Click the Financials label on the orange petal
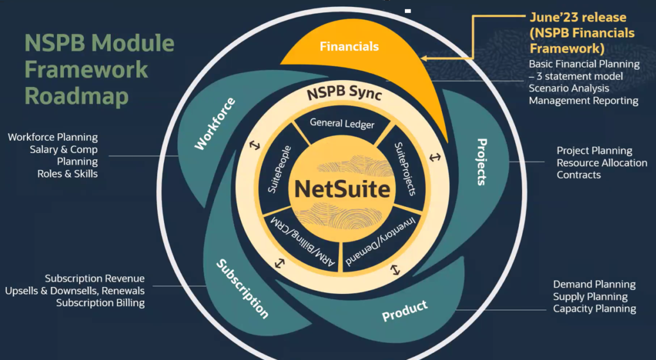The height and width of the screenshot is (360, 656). [x=349, y=46]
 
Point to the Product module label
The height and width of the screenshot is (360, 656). [x=405, y=311]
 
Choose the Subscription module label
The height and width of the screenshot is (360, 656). [x=242, y=288]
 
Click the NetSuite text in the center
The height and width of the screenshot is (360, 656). [x=342, y=190]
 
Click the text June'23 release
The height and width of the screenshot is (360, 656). [x=578, y=17]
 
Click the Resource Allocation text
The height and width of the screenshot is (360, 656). [x=602, y=163]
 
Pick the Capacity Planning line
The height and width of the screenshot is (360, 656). [x=594, y=309]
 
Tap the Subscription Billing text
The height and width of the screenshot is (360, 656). [x=100, y=303]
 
